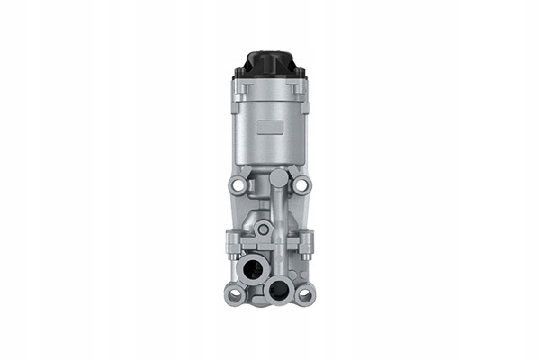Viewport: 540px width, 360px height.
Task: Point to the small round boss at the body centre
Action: coord(263,229)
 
